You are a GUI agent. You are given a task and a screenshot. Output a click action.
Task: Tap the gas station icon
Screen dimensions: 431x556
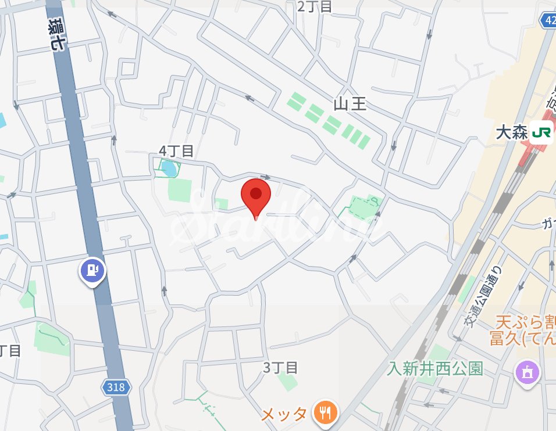pos(92,270)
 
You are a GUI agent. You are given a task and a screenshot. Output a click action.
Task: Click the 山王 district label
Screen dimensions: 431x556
pos(350,105)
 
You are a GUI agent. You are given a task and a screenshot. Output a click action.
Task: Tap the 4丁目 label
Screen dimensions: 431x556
pos(176,151)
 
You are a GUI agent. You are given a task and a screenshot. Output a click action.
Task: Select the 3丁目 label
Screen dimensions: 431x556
pos(281,368)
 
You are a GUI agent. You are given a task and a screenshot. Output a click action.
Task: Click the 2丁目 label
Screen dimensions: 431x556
pos(315,6)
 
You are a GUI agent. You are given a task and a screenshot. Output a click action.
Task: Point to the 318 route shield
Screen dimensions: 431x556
pos(116,387)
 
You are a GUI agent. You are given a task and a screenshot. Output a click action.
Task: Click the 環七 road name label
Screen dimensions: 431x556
pos(56,34)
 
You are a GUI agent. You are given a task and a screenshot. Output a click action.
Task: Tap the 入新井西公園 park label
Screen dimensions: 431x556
pos(436,369)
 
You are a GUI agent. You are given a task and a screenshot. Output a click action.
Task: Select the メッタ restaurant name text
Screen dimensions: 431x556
pos(283,414)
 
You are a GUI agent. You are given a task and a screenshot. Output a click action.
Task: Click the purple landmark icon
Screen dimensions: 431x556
pos(527,372)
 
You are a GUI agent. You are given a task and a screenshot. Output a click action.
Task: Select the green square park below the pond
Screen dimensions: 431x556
pos(179,191)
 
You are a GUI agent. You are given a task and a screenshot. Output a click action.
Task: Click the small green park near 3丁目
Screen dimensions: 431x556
pos(287,381)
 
